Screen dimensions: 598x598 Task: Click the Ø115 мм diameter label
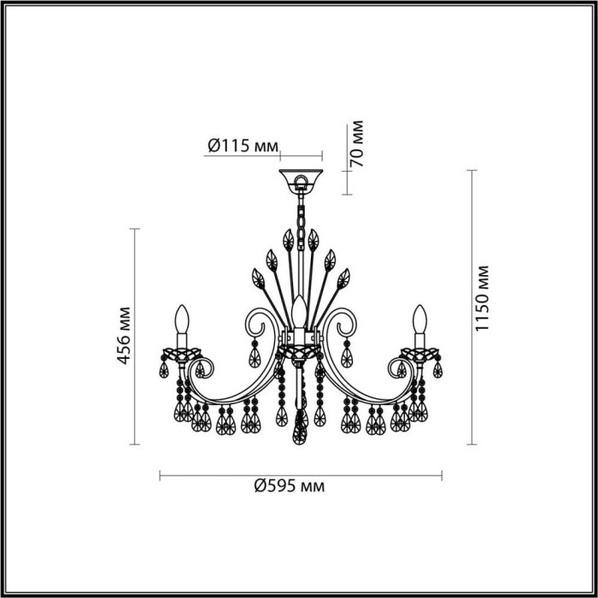pos(243,146)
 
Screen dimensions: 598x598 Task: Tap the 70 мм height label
pos(359,143)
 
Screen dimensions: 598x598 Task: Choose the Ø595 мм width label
pos(290,485)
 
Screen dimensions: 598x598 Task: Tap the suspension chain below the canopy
pos(300,214)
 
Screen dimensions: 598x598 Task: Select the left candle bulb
pos(181,322)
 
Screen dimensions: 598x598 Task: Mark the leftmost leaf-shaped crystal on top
pos(256,278)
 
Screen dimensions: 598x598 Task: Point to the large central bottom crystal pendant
pos(299,427)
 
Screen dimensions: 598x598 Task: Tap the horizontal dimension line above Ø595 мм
pos(300,475)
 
